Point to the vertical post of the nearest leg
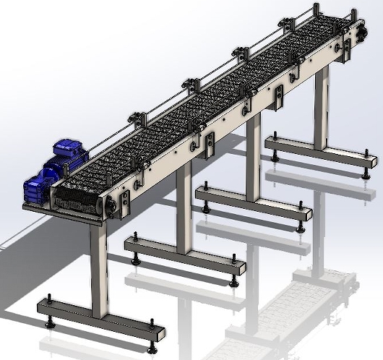coord(100,267)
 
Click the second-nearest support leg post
coord(184,206)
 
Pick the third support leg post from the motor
coord(253,155)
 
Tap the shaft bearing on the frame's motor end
coord(112,207)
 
